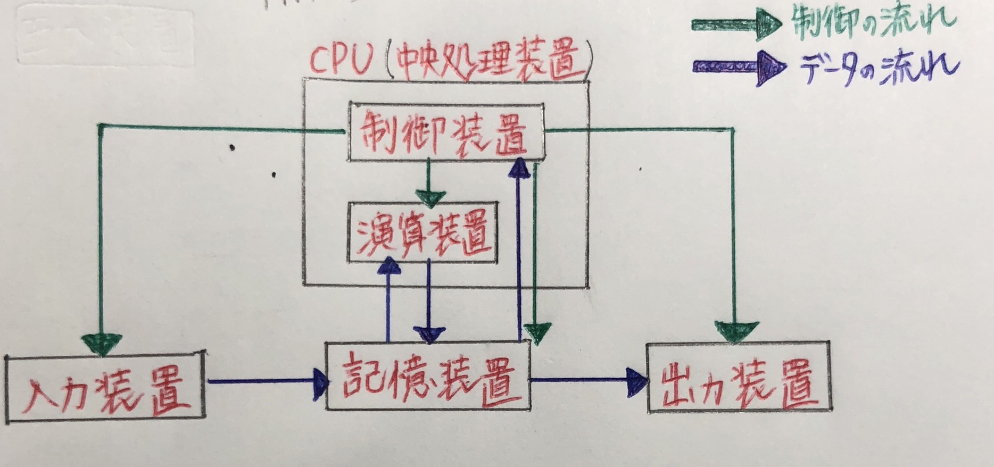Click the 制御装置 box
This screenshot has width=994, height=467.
pyautogui.click(x=446, y=132)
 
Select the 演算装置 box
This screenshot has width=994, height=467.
pyautogui.click(x=423, y=232)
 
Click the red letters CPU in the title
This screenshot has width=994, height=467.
pyautogui.click(x=341, y=61)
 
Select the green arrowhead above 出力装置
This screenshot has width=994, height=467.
pyautogui.click(x=736, y=331)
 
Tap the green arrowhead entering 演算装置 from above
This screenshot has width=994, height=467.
pyautogui.click(x=430, y=198)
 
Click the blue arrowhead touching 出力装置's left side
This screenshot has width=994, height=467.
pyautogui.click(x=636, y=380)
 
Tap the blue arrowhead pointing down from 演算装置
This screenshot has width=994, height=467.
pyautogui.click(x=430, y=335)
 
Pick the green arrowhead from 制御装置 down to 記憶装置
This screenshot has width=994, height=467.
pyautogui.click(x=537, y=332)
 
